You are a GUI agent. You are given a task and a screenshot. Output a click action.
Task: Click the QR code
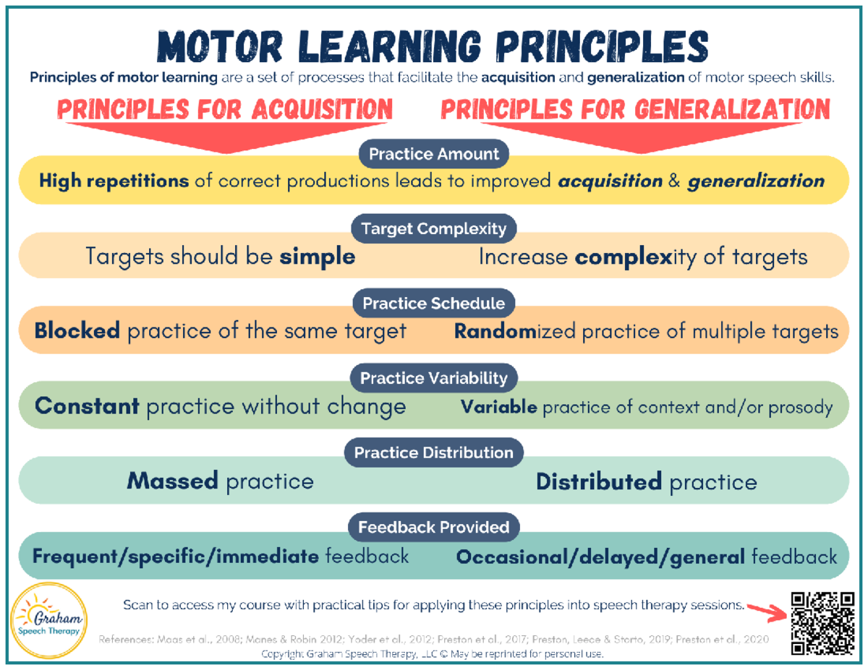click(822, 623)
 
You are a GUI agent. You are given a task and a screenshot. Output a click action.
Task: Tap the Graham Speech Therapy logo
click(48, 621)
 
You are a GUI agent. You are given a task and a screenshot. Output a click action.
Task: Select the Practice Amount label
click(434, 154)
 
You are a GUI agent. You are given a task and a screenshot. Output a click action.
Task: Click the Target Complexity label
click(434, 228)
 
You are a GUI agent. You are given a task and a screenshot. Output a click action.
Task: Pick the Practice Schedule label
click(434, 304)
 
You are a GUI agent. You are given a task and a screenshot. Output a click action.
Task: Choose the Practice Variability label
click(434, 378)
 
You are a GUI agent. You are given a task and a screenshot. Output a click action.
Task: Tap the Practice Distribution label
click(434, 452)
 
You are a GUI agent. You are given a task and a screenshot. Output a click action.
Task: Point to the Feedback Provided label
click(434, 527)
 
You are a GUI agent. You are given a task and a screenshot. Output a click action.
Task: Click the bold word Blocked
click(77, 330)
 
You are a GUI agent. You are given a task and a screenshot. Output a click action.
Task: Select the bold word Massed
click(173, 481)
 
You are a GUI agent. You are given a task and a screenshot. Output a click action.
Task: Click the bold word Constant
click(87, 406)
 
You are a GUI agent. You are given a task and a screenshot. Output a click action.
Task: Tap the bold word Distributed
click(599, 481)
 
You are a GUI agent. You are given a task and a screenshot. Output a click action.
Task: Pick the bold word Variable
click(499, 407)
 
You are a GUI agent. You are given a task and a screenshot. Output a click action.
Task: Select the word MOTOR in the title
click(220, 47)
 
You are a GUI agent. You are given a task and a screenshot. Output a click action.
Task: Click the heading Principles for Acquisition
click(225, 109)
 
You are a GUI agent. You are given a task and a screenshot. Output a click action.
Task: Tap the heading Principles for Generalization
click(636, 109)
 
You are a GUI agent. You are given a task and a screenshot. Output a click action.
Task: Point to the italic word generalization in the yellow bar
click(756, 181)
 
